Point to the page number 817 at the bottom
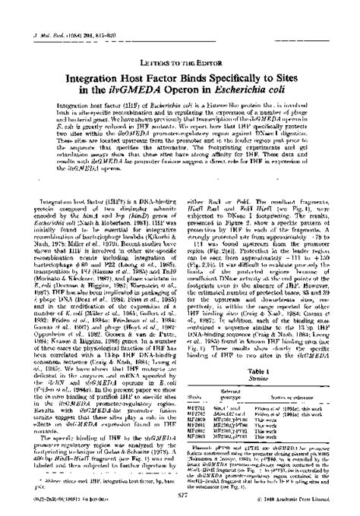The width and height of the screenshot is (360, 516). coord(180,496)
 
